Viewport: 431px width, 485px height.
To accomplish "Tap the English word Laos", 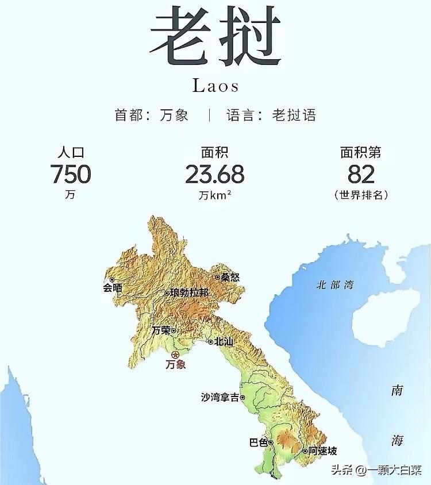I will [x=215, y=86].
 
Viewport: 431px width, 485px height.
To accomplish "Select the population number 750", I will [x=70, y=174].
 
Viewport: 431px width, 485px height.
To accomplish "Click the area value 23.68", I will [x=215, y=174].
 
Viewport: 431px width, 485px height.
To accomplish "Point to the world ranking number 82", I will [x=361, y=174].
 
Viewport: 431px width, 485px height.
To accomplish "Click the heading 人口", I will [x=70, y=152].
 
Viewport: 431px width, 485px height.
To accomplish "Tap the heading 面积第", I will [x=361, y=152].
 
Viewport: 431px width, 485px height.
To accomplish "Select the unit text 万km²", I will [x=215, y=195].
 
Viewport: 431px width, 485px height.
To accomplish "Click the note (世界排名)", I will [x=361, y=195].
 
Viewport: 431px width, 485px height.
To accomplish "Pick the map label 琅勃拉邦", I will [x=189, y=292].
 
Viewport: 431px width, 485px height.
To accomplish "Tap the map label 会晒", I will [x=113, y=288].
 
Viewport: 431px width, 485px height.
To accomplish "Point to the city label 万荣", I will [x=161, y=330].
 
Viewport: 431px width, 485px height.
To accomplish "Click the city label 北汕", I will [x=224, y=341].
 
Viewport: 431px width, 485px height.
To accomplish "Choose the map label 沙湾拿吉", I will [x=220, y=397].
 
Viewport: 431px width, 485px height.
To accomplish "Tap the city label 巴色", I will [x=259, y=442].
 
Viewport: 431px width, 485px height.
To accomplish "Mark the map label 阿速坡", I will [x=322, y=451].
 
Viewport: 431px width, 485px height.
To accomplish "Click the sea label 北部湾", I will [x=335, y=284].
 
